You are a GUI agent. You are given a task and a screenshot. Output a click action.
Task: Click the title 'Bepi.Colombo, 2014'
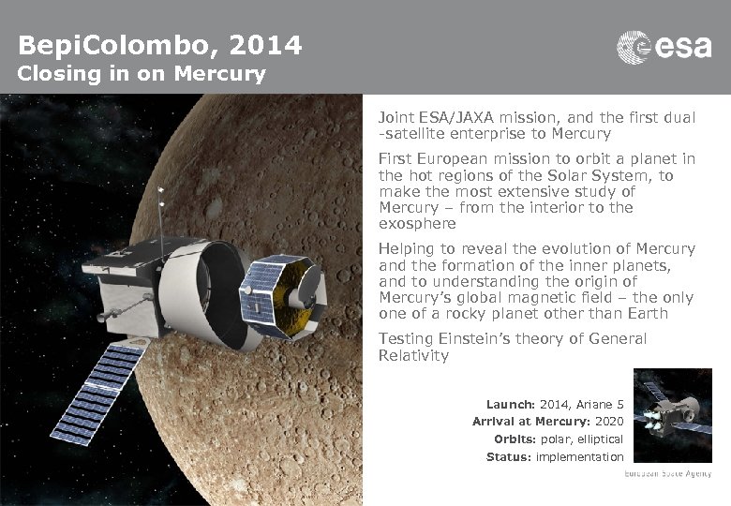pos(160,44)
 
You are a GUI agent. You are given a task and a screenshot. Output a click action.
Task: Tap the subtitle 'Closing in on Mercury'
pos(142,73)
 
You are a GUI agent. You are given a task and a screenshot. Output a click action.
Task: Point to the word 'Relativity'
pos(413,356)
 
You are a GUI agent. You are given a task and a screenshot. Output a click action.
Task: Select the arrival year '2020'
pos(609,422)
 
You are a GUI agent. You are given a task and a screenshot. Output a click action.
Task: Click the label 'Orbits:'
pos(514,439)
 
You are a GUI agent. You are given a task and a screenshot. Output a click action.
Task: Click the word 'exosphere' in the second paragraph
pos(417,224)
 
